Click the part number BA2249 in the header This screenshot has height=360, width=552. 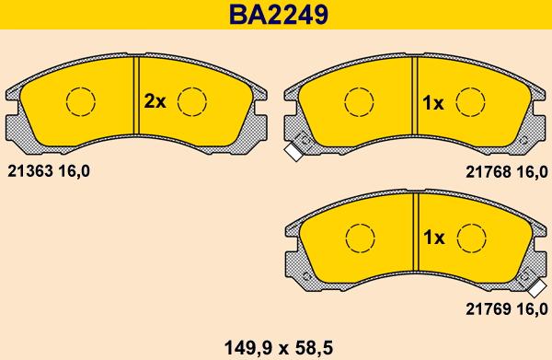(x=279, y=15)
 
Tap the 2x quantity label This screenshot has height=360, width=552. (x=155, y=102)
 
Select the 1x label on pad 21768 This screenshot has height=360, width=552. (x=433, y=103)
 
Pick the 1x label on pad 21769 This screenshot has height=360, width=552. (x=434, y=238)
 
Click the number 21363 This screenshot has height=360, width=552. (x=30, y=171)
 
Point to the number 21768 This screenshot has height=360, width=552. (x=489, y=172)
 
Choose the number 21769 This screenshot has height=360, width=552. (x=489, y=309)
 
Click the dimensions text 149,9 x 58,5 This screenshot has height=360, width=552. (x=279, y=348)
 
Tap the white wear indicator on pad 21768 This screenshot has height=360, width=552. (x=293, y=152)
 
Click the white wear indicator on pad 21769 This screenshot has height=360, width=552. (x=537, y=289)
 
